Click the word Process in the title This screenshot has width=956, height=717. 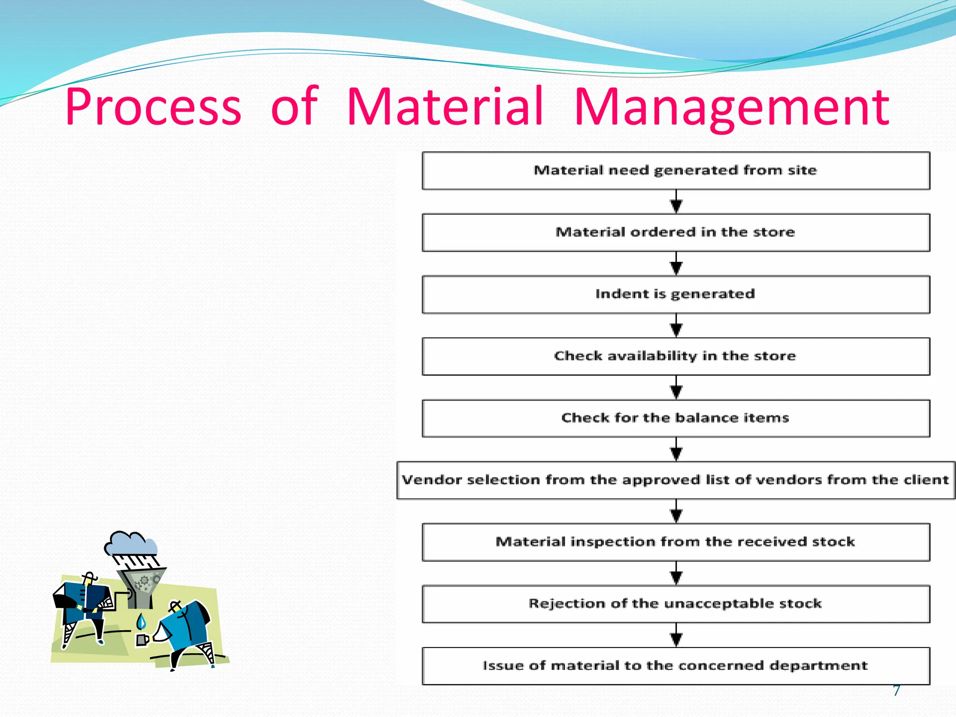[x=153, y=107]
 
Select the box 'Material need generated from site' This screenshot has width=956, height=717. [x=675, y=170]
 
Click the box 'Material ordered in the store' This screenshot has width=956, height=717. [x=675, y=232]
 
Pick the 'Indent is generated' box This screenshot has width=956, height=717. [x=675, y=294]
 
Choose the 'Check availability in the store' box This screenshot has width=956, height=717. [x=675, y=356]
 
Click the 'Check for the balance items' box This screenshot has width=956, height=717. [x=675, y=418]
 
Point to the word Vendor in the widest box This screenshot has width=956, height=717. [x=432, y=480]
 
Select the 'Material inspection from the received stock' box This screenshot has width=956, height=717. [x=675, y=542]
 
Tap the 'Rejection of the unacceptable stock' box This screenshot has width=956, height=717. [x=675, y=604]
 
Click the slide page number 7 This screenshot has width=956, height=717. [x=896, y=690]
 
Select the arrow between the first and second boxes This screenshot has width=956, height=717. [x=676, y=202]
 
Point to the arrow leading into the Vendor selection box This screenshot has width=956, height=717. [x=676, y=450]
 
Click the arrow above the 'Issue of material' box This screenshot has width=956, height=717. [x=676, y=635]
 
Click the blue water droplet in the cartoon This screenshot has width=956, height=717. [x=141, y=622]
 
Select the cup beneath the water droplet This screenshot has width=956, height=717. [x=142, y=640]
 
